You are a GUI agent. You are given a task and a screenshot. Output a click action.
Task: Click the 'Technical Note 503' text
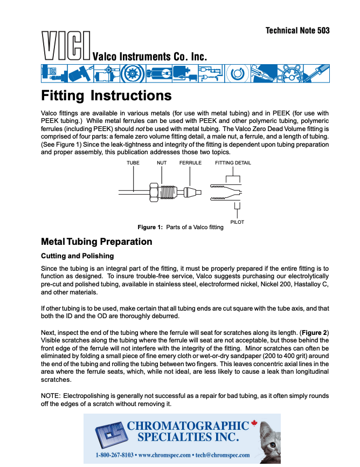297,30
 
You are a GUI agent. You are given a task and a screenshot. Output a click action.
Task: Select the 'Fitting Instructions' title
106,96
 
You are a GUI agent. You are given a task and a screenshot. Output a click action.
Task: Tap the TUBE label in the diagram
133,162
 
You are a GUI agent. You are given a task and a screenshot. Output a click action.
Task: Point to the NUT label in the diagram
161,162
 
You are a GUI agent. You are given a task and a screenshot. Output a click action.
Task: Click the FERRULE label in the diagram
190,162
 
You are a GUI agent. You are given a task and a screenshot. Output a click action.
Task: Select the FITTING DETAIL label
233,162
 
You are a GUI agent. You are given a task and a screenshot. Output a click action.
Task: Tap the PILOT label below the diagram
237,222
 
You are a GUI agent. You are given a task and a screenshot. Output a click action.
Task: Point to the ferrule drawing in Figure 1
192,191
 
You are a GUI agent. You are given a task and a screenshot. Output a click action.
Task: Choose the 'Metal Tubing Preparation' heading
96,242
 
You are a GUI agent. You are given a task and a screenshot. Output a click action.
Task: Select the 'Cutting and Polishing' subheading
77,256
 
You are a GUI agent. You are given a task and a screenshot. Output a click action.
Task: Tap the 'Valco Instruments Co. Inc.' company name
149,57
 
